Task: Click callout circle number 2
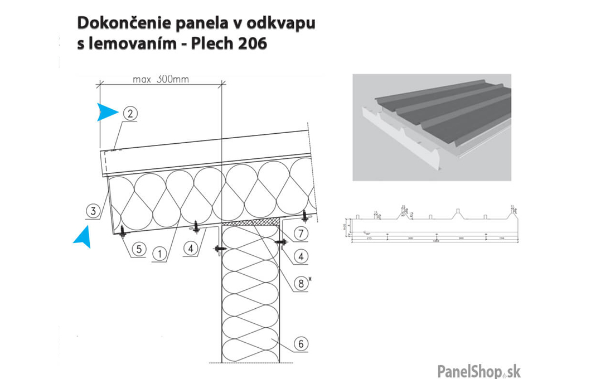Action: tap(129, 113)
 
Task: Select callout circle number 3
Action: tap(94, 211)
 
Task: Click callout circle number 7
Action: tap(299, 232)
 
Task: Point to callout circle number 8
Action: tap(301, 283)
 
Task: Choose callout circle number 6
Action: tap(301, 344)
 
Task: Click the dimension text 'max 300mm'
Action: tap(161, 79)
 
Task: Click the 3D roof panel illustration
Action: tap(432, 127)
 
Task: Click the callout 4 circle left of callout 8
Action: tap(191, 249)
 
